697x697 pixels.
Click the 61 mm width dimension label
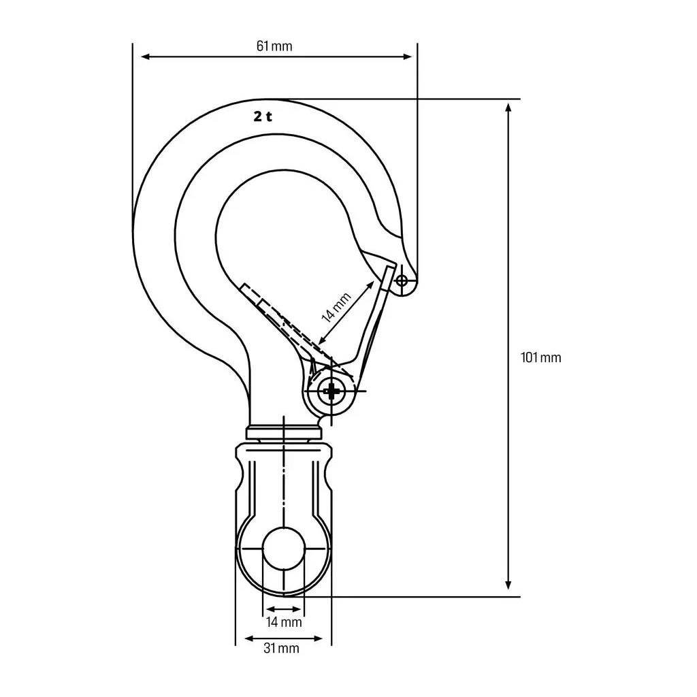[x=274, y=46]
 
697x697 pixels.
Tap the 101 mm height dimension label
[x=540, y=357]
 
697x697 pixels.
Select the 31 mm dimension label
[x=281, y=648]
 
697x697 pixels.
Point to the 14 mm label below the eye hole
[x=284, y=622]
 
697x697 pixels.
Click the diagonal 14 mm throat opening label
[x=336, y=307]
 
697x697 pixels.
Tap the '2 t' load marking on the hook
[x=263, y=116]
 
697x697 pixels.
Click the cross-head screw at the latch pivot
[x=331, y=391]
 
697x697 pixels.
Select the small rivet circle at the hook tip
[x=402, y=280]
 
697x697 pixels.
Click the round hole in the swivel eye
[x=284, y=549]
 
